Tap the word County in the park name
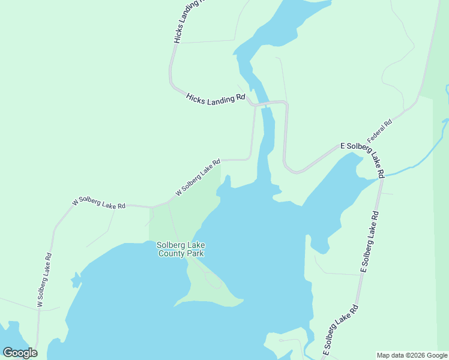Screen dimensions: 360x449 (x=172, y=254)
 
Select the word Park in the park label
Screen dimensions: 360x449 (x=195, y=254)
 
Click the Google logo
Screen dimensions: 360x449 (x=20, y=353)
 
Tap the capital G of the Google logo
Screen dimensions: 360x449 (x=8, y=353)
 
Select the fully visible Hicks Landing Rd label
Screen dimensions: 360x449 (x=216, y=99)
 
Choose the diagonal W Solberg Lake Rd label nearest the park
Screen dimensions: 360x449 (x=198, y=177)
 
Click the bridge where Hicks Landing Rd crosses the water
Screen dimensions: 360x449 (x=263, y=104)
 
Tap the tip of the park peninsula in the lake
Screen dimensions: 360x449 (x=241, y=299)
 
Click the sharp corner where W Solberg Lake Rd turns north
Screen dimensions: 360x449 (x=250, y=158)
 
